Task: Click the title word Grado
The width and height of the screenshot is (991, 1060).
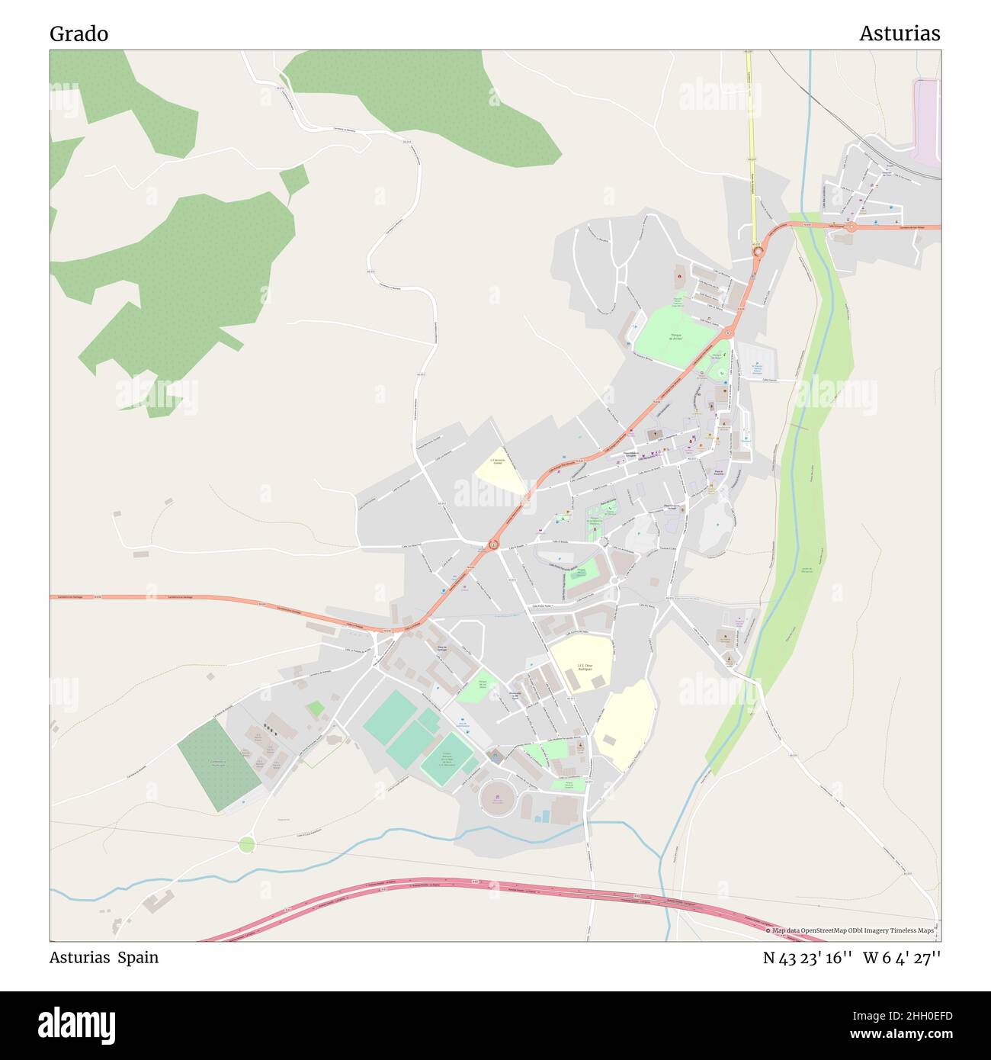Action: click(79, 34)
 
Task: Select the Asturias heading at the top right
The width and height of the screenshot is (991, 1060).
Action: click(900, 34)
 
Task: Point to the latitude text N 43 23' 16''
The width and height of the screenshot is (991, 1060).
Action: click(807, 958)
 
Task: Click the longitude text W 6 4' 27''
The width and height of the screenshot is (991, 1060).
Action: click(902, 958)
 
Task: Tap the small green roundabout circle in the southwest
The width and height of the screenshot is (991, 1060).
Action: click(246, 844)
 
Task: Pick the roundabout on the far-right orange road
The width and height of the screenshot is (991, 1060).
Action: click(852, 226)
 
